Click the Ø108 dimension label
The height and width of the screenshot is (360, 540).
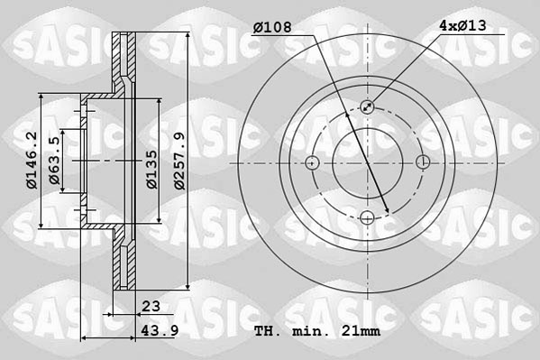pyautogui.click(x=272, y=27)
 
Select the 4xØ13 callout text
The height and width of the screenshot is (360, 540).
pyautogui.click(x=462, y=25)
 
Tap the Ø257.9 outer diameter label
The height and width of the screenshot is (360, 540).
pyautogui.click(x=179, y=161)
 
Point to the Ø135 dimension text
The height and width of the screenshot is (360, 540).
pyautogui.click(x=151, y=170)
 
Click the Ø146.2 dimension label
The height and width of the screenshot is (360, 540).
pyautogui.click(x=32, y=161)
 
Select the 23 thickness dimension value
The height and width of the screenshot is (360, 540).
pyautogui.click(x=151, y=306)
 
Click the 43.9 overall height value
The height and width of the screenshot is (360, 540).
pyautogui.click(x=160, y=331)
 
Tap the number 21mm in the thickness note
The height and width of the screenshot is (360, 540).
pyautogui.click(x=361, y=331)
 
